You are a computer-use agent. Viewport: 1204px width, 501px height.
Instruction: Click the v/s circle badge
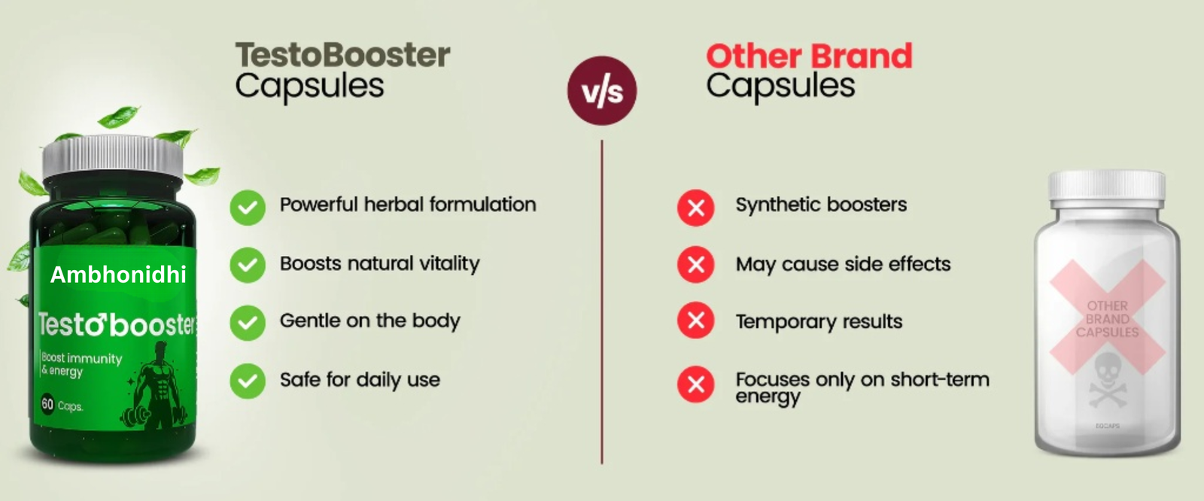pyautogui.click(x=602, y=91)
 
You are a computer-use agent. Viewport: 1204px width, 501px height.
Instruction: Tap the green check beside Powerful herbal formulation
pyautogui.click(x=248, y=208)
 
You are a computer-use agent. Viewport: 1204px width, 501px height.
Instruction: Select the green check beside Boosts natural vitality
pyautogui.click(x=248, y=265)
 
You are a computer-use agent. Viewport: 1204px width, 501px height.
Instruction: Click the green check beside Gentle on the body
pyautogui.click(x=248, y=323)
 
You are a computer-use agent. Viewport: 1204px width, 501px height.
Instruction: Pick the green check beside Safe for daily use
pyautogui.click(x=248, y=381)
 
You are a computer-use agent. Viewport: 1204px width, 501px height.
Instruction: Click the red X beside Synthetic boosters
pyautogui.click(x=696, y=208)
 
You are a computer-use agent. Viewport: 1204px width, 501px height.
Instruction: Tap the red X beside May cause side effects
pyautogui.click(x=696, y=265)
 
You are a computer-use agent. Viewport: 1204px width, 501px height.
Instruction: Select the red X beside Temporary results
pyautogui.click(x=696, y=320)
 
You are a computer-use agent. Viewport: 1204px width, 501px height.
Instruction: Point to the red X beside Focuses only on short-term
pyautogui.click(x=696, y=384)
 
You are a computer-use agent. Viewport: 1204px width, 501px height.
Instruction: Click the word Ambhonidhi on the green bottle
pyautogui.click(x=118, y=275)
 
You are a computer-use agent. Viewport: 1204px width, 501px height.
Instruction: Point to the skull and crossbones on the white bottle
pyautogui.click(x=1107, y=381)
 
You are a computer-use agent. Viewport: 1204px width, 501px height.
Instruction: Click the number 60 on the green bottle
pyautogui.click(x=47, y=404)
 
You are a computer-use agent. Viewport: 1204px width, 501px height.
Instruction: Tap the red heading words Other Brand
pyautogui.click(x=809, y=56)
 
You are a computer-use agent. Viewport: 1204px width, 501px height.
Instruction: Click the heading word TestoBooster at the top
pyautogui.click(x=343, y=55)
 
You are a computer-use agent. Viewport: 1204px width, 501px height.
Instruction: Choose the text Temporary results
pyautogui.click(x=819, y=322)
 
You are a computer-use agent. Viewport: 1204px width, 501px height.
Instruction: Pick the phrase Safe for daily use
pyautogui.click(x=360, y=380)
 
